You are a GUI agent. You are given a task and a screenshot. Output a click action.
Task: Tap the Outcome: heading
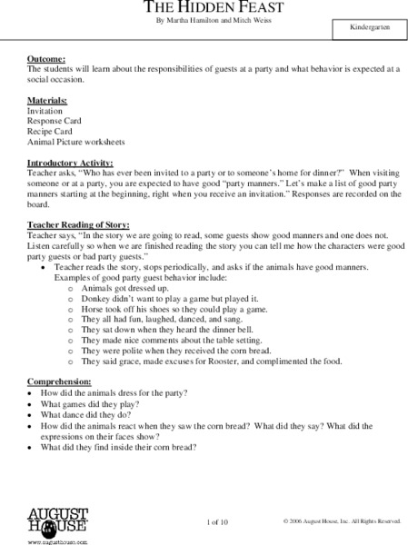pyautogui.click(x=45, y=60)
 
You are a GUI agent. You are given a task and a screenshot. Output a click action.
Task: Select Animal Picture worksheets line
pyautogui.click(x=76, y=143)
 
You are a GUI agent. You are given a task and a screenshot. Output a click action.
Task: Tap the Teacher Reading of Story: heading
pyautogui.click(x=78, y=223)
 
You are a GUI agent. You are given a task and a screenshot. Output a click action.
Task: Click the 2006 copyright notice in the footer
pyautogui.click(x=341, y=521)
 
